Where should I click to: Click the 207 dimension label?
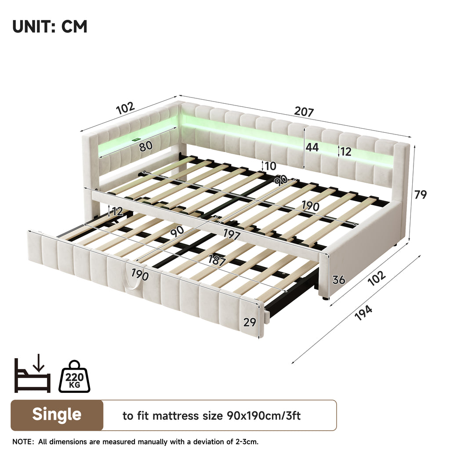click(304, 111)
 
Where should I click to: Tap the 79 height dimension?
click(420, 194)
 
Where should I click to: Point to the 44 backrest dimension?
click(312, 147)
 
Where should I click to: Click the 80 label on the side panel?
click(146, 146)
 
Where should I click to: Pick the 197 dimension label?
click(231, 235)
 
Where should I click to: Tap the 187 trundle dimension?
click(217, 260)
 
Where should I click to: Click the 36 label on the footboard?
click(339, 279)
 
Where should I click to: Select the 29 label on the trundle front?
click(250, 322)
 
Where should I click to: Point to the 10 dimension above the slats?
click(270, 166)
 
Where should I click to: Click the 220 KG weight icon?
click(74, 376)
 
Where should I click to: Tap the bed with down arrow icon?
click(32, 374)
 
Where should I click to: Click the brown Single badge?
click(57, 415)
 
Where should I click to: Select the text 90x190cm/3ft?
click(264, 416)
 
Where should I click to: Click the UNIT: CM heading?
click(50, 26)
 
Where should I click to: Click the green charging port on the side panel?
click(135, 140)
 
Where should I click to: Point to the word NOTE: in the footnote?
click(23, 442)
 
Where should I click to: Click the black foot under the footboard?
click(325, 298)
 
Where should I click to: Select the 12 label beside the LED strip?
click(346, 152)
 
